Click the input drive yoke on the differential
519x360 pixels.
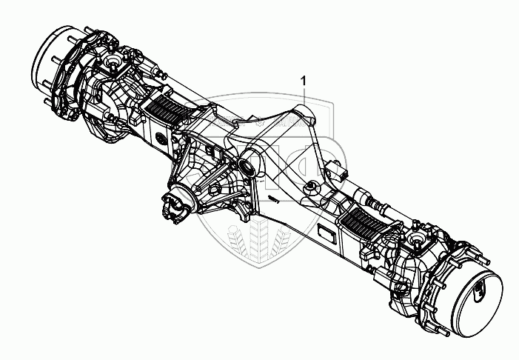(x=176, y=207)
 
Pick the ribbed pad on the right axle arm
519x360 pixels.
(x=366, y=221)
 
